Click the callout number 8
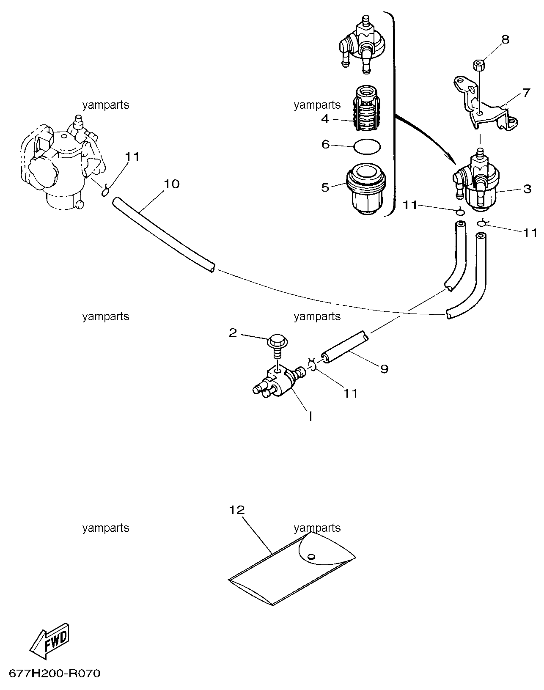505,39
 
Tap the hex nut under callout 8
478,65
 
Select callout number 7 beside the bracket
526,93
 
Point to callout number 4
325,119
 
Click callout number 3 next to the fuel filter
528,189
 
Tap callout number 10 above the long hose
171,184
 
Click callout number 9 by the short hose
385,369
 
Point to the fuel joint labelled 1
277,382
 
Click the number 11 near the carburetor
132,157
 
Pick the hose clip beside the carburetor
105,191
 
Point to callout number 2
233,333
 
